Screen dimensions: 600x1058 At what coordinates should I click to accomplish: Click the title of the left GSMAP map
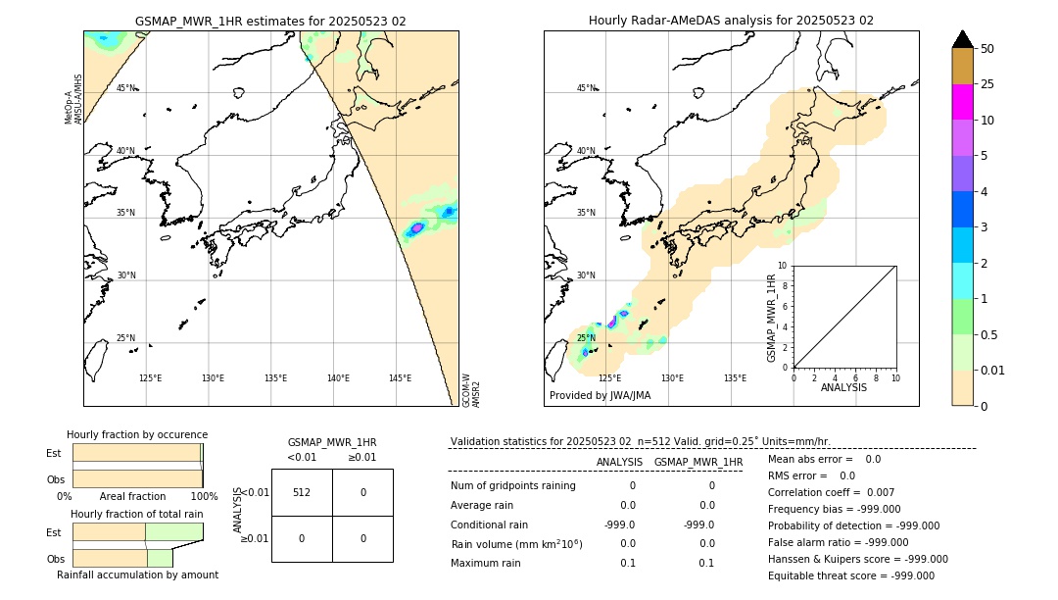pos(270,21)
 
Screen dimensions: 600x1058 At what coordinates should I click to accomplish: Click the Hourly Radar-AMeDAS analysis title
pos(731,21)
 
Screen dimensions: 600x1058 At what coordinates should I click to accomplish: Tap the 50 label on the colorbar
pos(987,49)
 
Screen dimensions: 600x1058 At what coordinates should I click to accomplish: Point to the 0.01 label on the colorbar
pos(993,371)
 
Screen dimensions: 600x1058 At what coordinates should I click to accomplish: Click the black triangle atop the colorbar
pos(963,39)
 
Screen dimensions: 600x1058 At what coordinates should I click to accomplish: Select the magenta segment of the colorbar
pos(963,102)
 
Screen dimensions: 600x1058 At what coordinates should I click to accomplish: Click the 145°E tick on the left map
pos(400,378)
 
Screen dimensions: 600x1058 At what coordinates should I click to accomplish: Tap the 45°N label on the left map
pos(125,88)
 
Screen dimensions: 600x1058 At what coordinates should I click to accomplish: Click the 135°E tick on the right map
pos(735,378)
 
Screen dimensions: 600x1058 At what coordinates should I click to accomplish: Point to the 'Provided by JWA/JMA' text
pos(600,396)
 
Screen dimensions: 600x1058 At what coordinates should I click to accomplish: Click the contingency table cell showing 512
pos(302,492)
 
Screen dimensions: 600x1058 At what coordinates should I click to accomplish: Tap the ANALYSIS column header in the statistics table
pos(619,462)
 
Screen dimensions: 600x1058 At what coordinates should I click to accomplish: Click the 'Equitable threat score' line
pos(851,575)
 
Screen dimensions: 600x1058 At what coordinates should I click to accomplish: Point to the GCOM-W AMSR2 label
pos(471,389)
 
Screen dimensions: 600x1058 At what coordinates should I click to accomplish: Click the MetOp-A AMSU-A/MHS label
pos(73,99)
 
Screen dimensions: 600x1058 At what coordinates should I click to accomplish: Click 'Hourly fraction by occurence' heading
pos(137,435)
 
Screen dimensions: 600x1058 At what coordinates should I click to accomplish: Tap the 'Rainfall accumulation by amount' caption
pos(137,575)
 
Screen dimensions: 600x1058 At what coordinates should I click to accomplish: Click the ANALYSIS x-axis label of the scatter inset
pos(843,387)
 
